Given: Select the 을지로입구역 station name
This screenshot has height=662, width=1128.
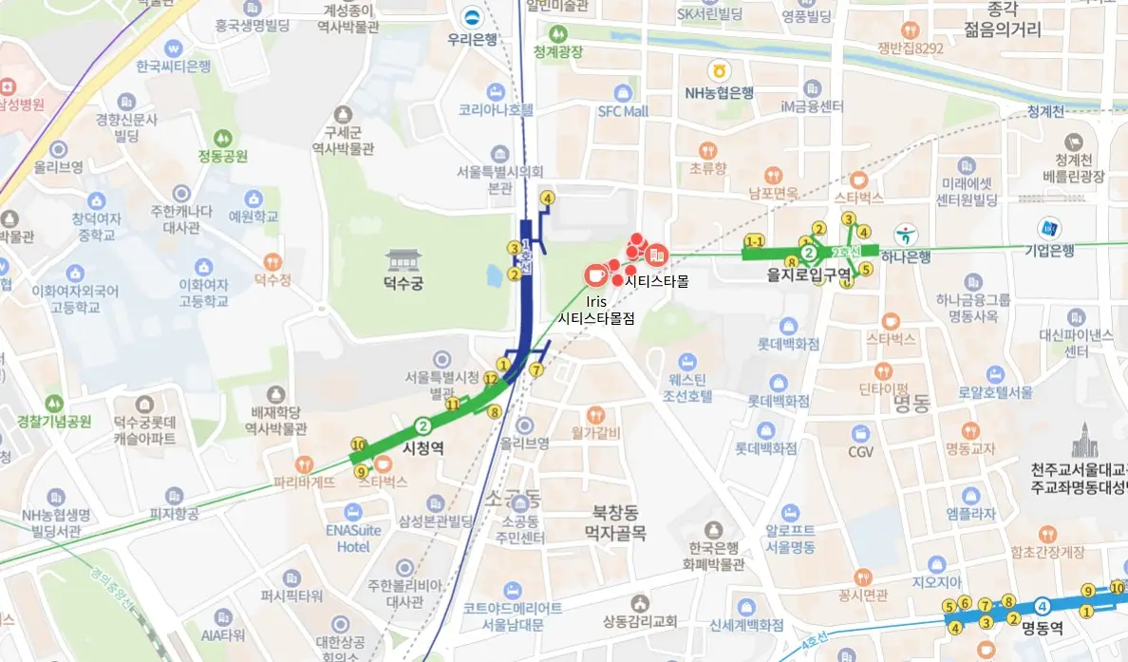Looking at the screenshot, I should [809, 274].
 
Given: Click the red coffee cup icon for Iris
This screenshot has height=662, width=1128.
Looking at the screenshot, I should [595, 274].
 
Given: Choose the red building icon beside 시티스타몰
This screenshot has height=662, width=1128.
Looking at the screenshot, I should [656, 255].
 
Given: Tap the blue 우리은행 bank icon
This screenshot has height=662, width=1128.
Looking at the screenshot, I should [472, 17].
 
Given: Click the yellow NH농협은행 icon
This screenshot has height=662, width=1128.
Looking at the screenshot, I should [720, 70].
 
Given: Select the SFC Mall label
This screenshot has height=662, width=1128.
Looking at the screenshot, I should [623, 111].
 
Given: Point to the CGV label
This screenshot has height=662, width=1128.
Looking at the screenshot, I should [860, 452].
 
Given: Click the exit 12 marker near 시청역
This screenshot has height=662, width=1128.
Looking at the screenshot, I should [491, 379].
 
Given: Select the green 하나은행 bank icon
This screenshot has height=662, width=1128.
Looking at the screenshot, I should [906, 233].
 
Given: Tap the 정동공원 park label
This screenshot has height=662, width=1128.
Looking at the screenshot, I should [223, 156].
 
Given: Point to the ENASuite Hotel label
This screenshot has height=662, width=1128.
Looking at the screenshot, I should [352, 539].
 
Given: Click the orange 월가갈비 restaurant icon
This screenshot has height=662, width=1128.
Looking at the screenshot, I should [595, 415].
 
